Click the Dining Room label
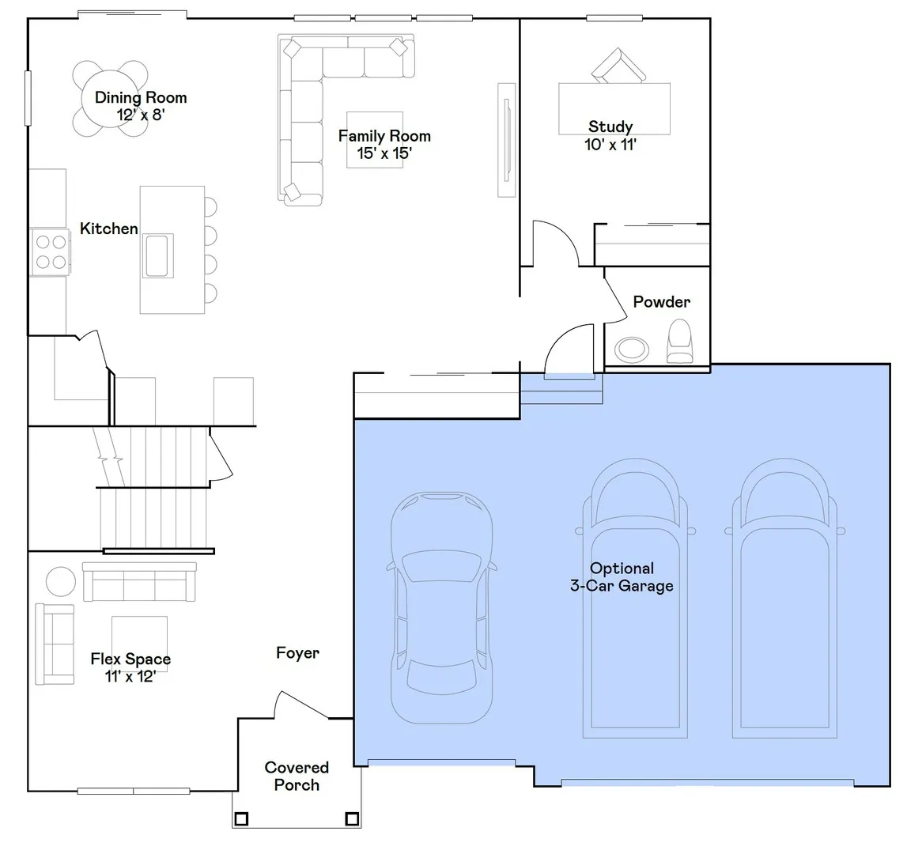[141, 97]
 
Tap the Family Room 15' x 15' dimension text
[384, 153]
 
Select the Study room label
[610, 127]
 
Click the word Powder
[661, 301]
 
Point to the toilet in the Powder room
[680, 342]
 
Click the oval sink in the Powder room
[631, 350]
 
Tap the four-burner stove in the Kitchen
[51, 251]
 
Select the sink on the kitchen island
[157, 255]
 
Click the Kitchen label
[109, 229]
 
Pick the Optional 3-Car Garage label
[622, 577]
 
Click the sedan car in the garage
[441, 607]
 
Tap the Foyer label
[297, 652]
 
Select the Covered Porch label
[297, 776]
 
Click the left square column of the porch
[241, 818]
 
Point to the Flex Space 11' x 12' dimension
[130, 676]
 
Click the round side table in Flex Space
[61, 581]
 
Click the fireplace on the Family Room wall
[507, 140]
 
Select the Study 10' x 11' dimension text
[610, 144]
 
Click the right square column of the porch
[352, 818]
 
